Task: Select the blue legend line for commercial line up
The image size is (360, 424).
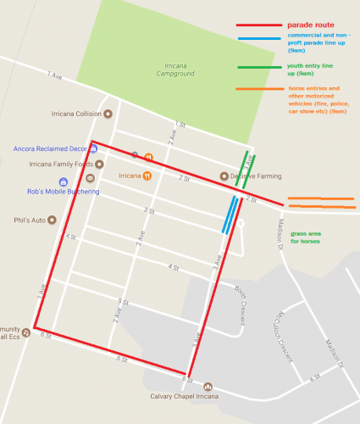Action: pyautogui.click(x=261, y=37)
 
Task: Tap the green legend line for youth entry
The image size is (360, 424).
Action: pyautogui.click(x=261, y=67)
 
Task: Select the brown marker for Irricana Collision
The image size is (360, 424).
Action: pyautogui.click(x=108, y=113)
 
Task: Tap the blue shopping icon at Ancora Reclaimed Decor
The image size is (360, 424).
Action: pyautogui.click(x=93, y=148)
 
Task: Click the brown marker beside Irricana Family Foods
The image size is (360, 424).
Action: pyautogui.click(x=100, y=164)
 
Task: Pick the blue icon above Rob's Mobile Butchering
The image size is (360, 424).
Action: pyautogui.click(x=64, y=181)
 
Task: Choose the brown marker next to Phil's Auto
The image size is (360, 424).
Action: pyautogui.click(x=53, y=220)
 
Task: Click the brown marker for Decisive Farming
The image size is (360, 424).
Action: pyautogui.click(x=224, y=176)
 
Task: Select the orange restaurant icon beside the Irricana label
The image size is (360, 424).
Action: pyautogui.click(x=147, y=176)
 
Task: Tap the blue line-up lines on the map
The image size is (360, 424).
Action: pyautogui.click(x=229, y=215)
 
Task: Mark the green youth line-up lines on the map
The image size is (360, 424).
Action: pyautogui.click(x=246, y=169)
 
